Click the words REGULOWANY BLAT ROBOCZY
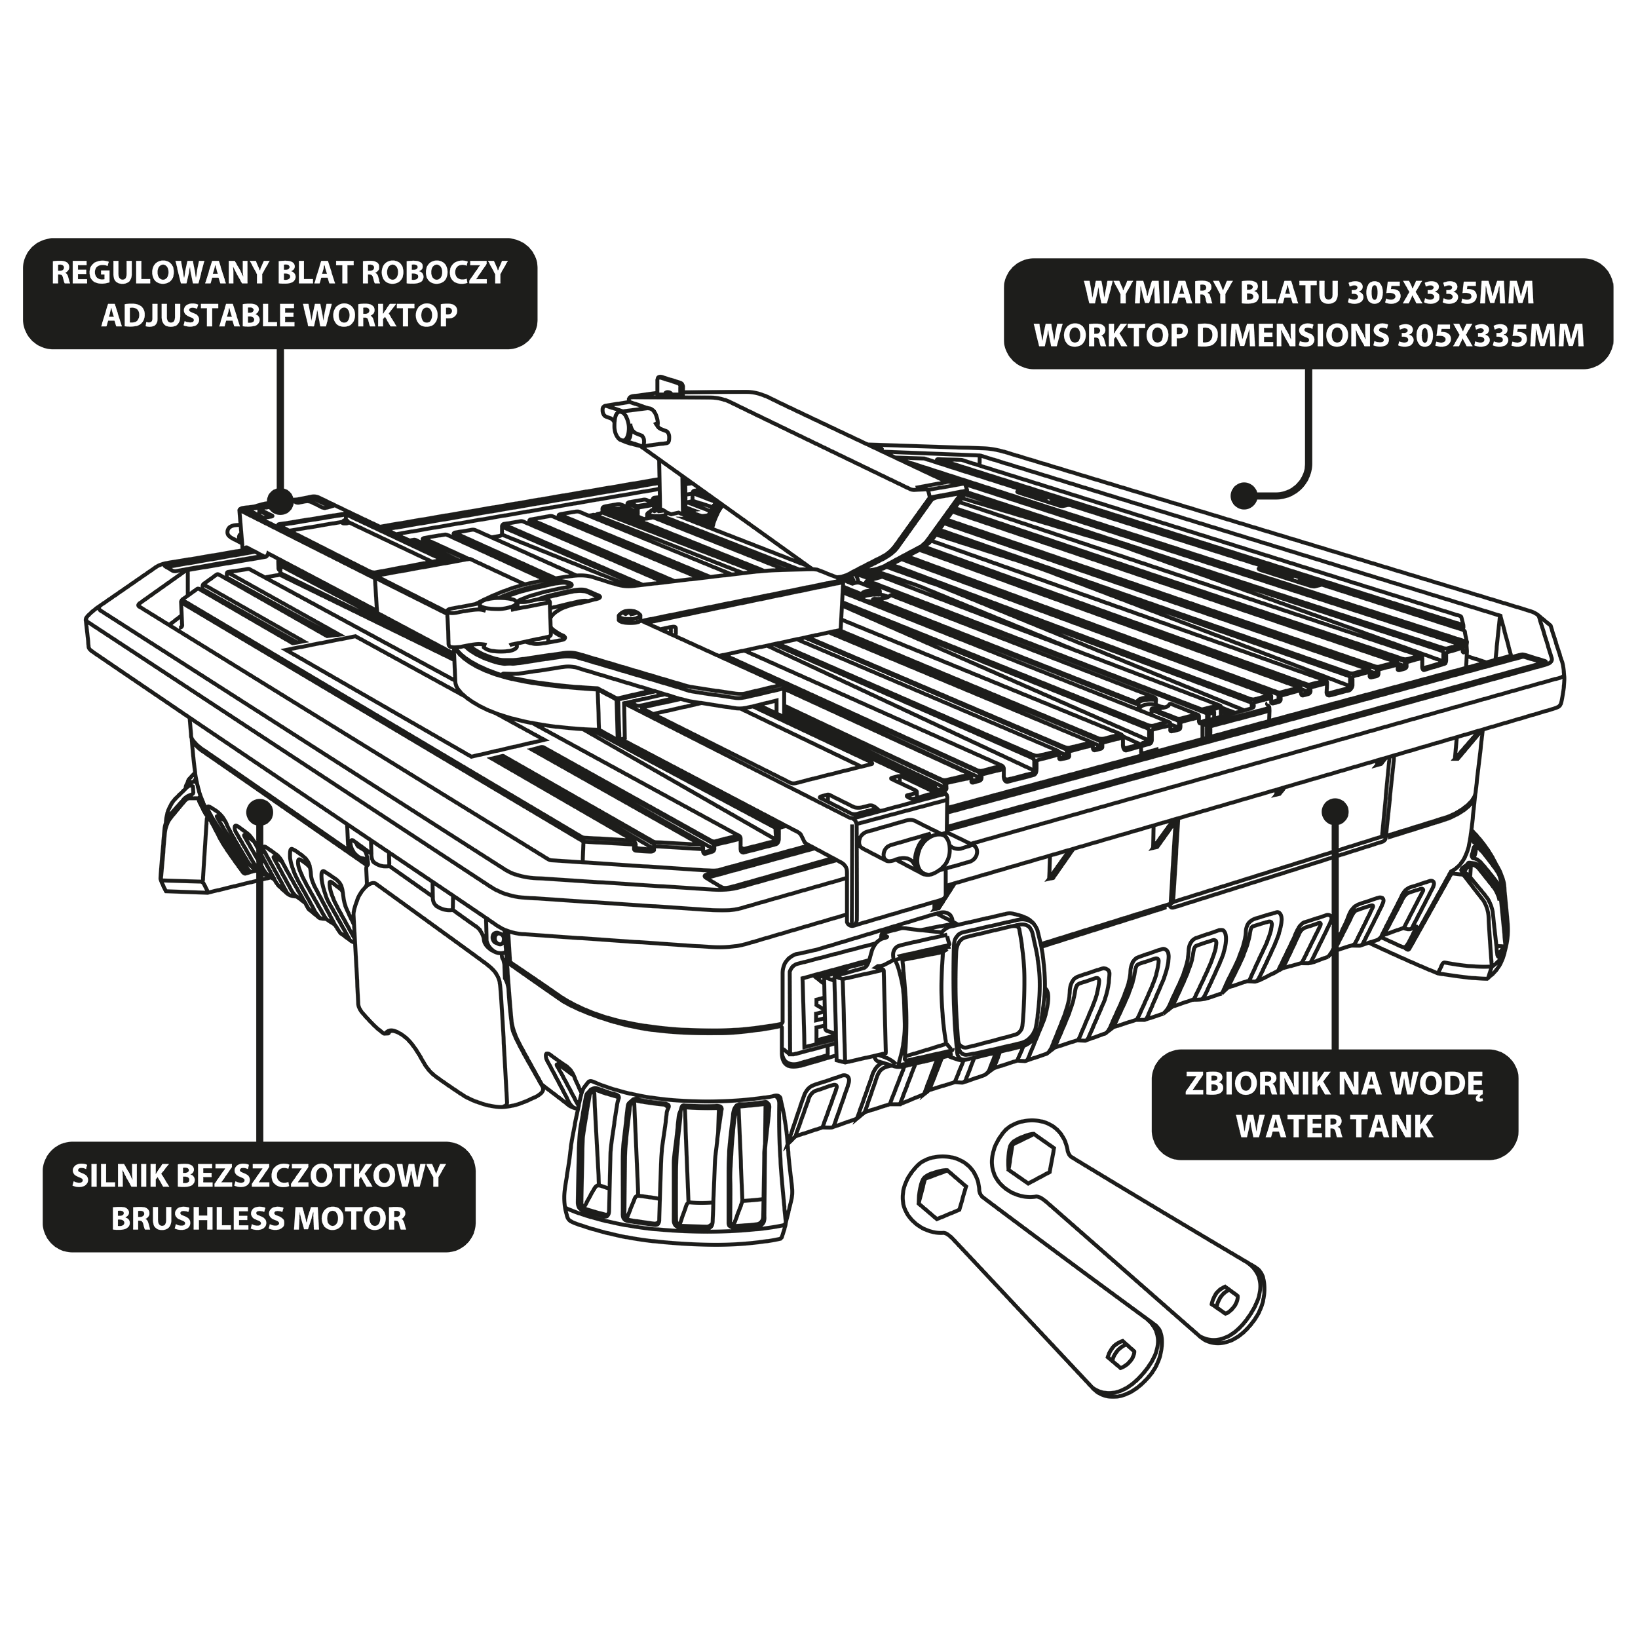[280, 273]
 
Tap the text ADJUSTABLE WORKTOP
[280, 315]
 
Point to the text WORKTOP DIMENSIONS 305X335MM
[1309, 335]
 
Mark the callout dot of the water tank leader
[1335, 810]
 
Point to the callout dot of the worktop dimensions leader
[1245, 495]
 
